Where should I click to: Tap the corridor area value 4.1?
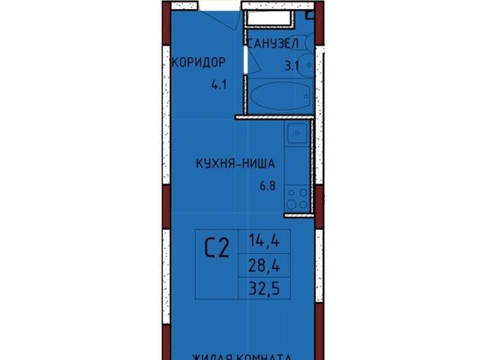(x=219, y=85)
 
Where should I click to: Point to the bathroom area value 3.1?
(x=291, y=66)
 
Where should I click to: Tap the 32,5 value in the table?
(x=263, y=287)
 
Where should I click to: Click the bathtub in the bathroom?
(x=277, y=97)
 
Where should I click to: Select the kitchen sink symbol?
(x=297, y=139)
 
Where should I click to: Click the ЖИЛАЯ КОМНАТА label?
(x=240, y=355)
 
